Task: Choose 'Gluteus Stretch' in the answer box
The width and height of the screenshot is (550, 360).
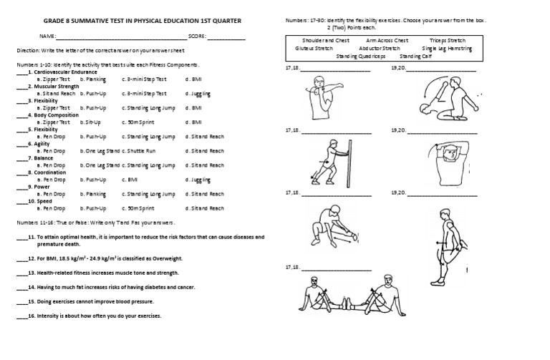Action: click(x=314, y=49)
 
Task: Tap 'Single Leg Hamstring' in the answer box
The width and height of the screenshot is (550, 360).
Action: click(x=447, y=49)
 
